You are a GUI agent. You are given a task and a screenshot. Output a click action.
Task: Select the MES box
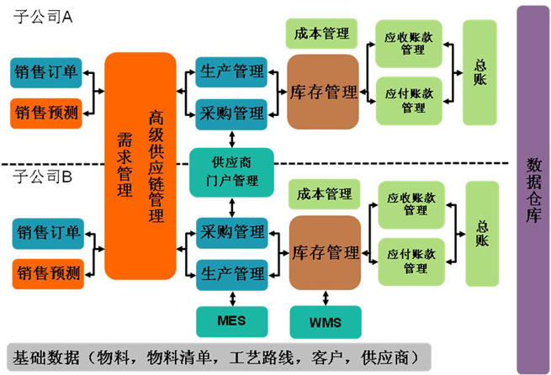click(x=230, y=320)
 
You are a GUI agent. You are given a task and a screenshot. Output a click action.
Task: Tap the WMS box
click(x=325, y=320)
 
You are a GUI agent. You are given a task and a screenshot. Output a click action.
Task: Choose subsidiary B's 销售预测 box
click(x=47, y=272)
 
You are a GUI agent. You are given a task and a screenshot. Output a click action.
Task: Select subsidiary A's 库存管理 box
click(x=323, y=91)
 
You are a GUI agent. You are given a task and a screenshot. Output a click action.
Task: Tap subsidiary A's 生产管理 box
click(x=230, y=72)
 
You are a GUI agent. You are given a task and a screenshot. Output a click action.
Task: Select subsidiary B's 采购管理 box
click(x=230, y=231)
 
